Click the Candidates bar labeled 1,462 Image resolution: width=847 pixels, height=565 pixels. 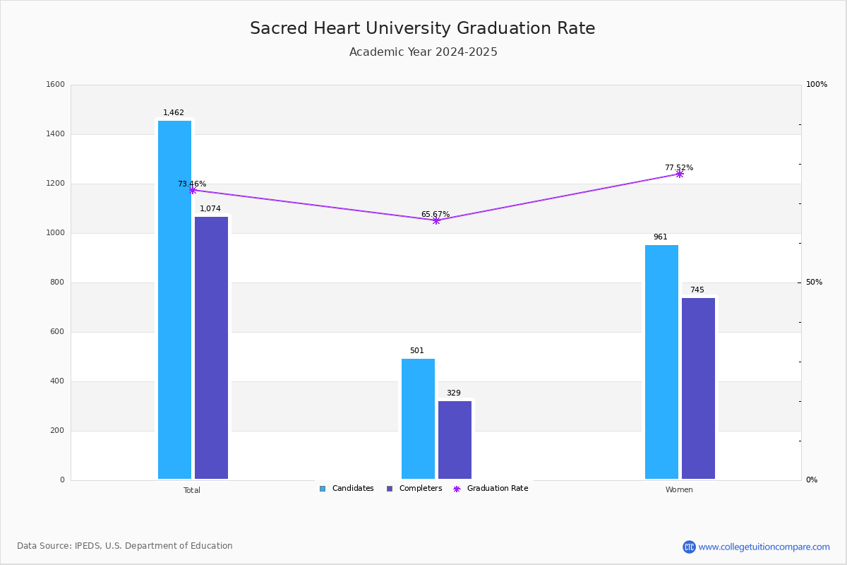coord(175,299)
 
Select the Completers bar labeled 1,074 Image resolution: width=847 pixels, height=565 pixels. coord(211,347)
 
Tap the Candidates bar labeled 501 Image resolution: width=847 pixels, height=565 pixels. coord(418,419)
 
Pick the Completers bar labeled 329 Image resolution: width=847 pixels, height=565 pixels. coord(455,440)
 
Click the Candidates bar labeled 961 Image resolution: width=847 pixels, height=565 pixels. coord(662,362)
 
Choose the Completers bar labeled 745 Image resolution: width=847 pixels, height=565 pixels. coord(698,388)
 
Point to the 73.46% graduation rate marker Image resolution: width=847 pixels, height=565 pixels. coord(193,190)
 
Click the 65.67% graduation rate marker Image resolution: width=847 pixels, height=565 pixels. coord(436,220)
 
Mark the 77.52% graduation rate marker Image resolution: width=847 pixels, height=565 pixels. coord(680,174)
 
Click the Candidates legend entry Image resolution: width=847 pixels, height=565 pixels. coord(347,489)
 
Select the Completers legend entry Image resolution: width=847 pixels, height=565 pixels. coord(414,489)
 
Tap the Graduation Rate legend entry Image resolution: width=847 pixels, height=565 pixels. coord(491,489)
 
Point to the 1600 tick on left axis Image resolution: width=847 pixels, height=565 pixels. coord(56,84)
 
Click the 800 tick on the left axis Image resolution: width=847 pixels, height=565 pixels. coord(57,282)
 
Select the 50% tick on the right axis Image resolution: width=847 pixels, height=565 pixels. coord(814,282)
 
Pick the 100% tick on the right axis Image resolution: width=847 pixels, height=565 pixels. coord(817,84)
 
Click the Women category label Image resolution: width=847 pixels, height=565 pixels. coord(679,489)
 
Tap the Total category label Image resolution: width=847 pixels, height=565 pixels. coord(192,490)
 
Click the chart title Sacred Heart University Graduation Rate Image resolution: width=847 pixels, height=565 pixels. coord(423,28)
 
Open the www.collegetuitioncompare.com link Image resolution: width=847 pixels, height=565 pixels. coord(764,547)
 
